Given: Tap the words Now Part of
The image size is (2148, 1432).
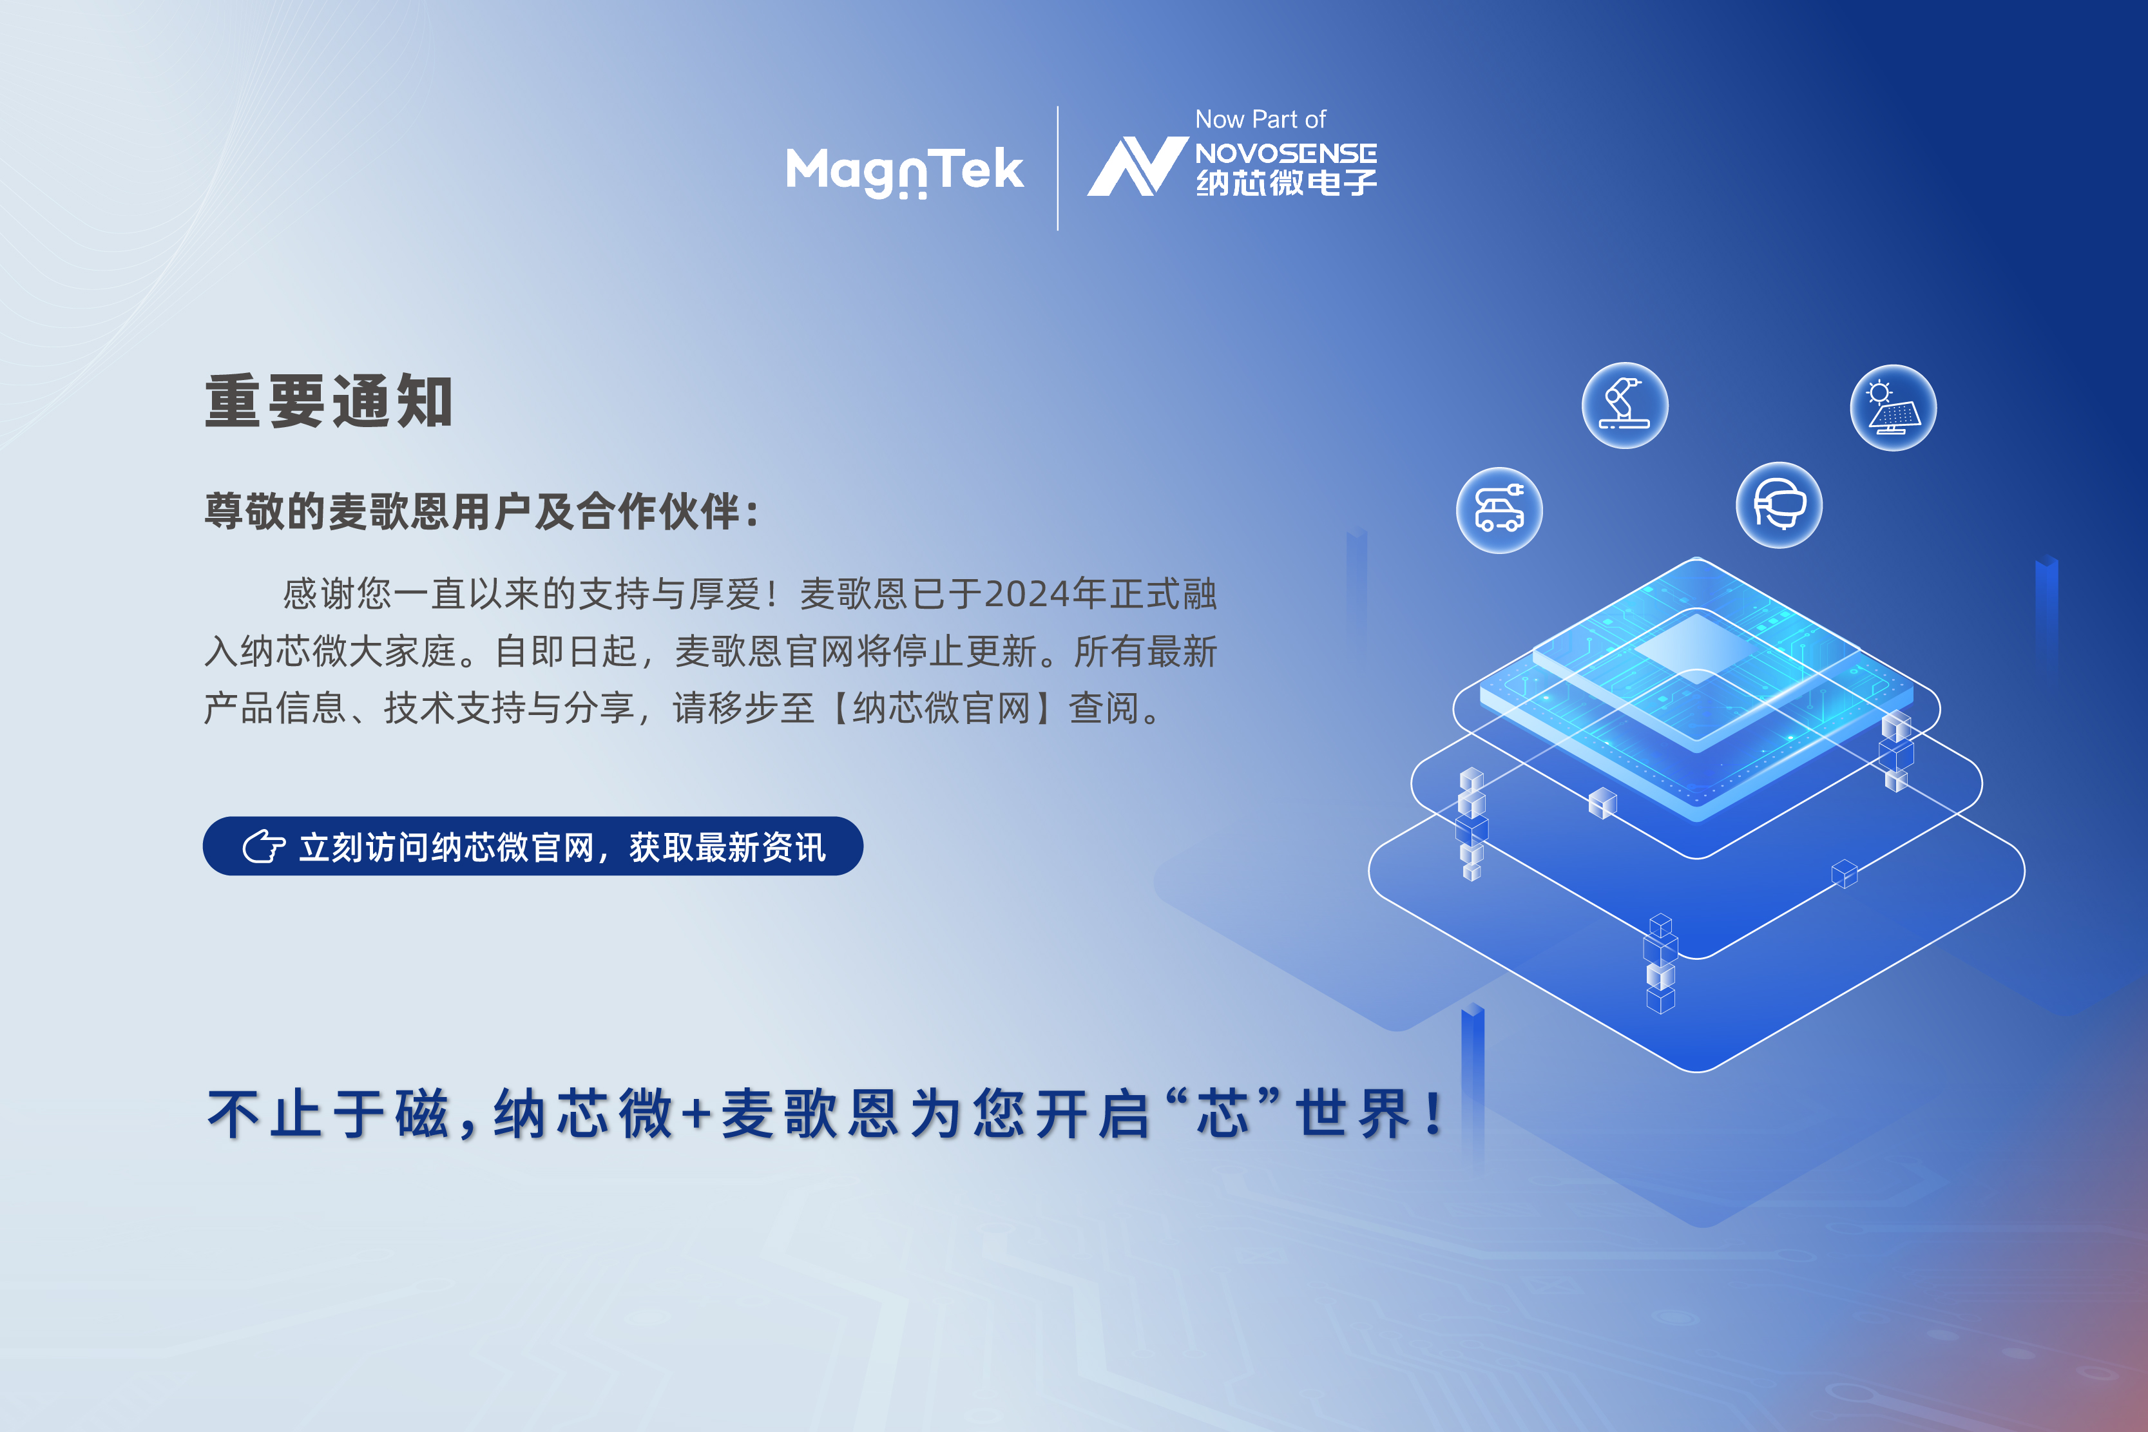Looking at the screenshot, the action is (x=1260, y=120).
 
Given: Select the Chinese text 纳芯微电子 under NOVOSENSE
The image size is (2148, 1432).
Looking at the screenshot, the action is (x=1287, y=183).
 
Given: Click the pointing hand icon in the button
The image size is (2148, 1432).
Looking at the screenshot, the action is (x=264, y=846).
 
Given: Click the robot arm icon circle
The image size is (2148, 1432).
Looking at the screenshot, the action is (x=1625, y=405).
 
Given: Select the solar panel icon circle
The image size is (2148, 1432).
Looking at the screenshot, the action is (x=1894, y=407).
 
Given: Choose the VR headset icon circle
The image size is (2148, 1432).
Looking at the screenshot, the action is (x=1779, y=505).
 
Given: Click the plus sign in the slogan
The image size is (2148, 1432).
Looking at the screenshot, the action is (x=697, y=1115).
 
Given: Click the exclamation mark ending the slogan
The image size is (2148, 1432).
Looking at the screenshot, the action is (x=1435, y=1113).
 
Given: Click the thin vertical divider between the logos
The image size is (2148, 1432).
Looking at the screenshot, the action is (x=1057, y=168).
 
